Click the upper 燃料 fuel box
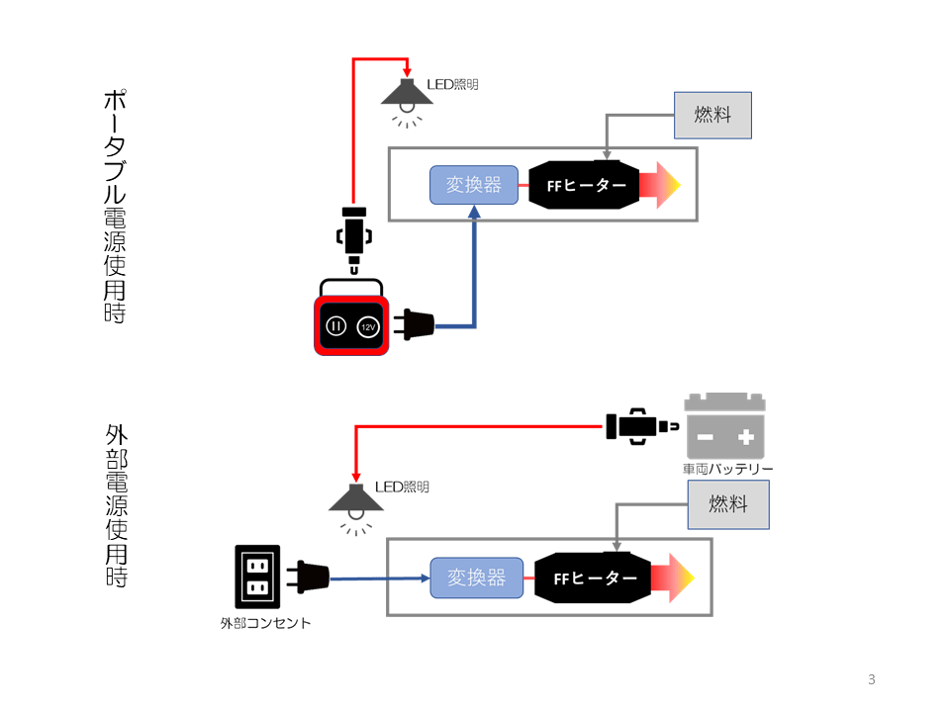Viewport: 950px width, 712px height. click(x=712, y=115)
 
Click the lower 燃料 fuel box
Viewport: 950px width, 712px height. click(x=728, y=504)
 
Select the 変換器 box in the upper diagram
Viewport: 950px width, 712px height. click(x=474, y=185)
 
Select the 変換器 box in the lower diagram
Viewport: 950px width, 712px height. click(x=476, y=578)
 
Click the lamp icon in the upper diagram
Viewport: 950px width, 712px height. click(x=407, y=97)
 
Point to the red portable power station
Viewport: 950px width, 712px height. click(x=350, y=324)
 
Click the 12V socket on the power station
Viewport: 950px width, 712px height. click(x=367, y=326)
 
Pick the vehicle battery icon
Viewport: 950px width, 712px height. click(x=725, y=426)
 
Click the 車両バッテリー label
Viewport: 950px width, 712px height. click(x=727, y=469)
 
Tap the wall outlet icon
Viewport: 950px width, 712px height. click(x=257, y=577)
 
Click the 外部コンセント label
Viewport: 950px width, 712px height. click(x=265, y=624)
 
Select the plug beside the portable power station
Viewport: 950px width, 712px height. click(x=415, y=324)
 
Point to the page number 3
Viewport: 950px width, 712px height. click(x=871, y=679)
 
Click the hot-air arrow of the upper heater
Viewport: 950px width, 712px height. click(x=660, y=185)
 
